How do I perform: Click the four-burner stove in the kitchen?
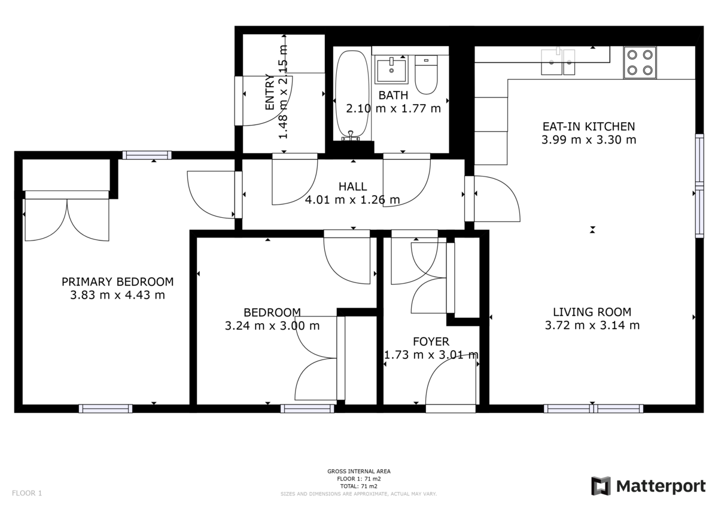639,62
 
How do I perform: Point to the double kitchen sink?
558,62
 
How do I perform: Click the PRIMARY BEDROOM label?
118,282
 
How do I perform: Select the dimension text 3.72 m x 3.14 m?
592,326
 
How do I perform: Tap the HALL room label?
352,187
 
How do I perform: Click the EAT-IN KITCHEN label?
588,126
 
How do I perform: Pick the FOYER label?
431,342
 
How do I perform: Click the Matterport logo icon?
601,486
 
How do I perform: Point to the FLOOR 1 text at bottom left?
27,494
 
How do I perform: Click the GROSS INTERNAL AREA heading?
359,472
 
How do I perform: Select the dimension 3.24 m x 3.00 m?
272,326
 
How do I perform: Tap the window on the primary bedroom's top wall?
147,155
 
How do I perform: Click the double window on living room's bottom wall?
594,409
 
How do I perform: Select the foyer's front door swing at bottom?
450,383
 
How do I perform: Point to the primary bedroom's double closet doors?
66,218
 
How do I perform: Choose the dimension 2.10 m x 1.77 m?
393,108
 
